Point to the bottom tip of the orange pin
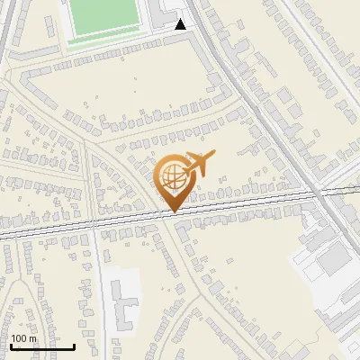(x=173, y=212)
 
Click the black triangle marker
(x=181, y=24)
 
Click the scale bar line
(x=42, y=347)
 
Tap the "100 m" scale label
(x=23, y=339)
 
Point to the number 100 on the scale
(x=20, y=339)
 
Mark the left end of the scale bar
(x=11, y=346)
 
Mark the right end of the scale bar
(x=74, y=346)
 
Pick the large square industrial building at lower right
(x=334, y=262)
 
